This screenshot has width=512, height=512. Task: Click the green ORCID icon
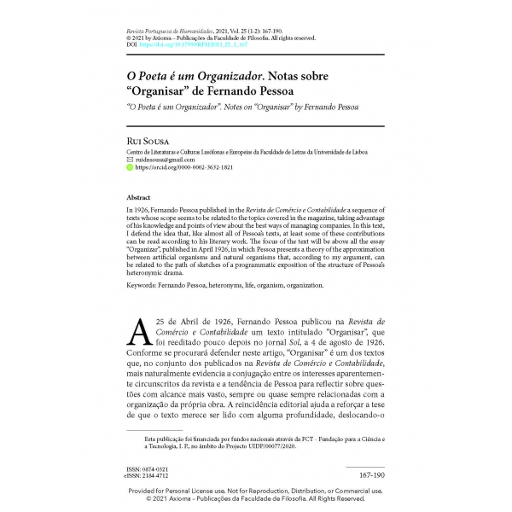(130, 168)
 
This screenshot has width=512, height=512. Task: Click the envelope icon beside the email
(130, 160)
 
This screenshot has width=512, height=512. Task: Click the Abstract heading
(139, 196)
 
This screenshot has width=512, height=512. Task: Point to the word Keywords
(143, 284)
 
